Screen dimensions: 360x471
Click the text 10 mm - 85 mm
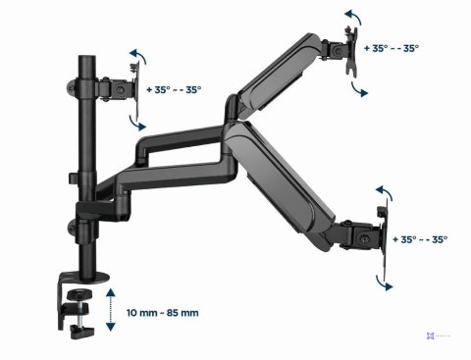click(x=164, y=313)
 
